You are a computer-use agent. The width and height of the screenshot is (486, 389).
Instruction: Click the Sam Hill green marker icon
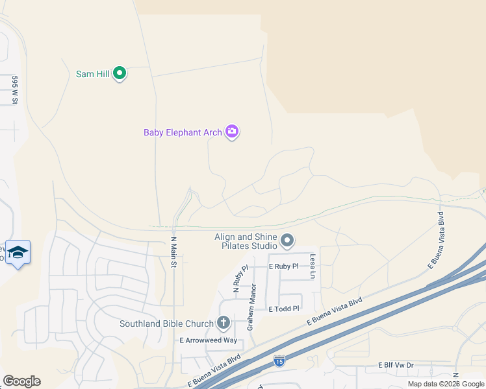(120, 73)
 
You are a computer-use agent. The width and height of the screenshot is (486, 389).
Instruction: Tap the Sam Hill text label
(93, 74)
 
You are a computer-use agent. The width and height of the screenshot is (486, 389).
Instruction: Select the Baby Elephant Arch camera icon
(232, 132)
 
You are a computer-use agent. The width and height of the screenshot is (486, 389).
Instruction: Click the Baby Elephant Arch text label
(183, 133)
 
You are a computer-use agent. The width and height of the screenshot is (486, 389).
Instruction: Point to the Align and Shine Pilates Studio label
(246, 241)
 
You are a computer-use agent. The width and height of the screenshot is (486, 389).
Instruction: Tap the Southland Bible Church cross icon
(224, 322)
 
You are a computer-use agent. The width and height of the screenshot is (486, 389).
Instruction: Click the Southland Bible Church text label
(166, 324)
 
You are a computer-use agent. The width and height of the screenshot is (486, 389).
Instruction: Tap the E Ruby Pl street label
(283, 266)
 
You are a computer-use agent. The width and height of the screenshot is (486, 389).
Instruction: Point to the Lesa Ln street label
(313, 266)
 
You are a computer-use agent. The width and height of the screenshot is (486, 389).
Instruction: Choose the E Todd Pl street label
(284, 309)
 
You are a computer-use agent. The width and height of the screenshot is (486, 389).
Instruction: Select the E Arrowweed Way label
(209, 340)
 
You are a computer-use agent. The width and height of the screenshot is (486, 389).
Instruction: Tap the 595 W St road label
(14, 90)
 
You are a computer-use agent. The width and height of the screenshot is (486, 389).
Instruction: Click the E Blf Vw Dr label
(396, 366)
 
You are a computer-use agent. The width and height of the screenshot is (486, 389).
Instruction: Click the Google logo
(21, 381)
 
